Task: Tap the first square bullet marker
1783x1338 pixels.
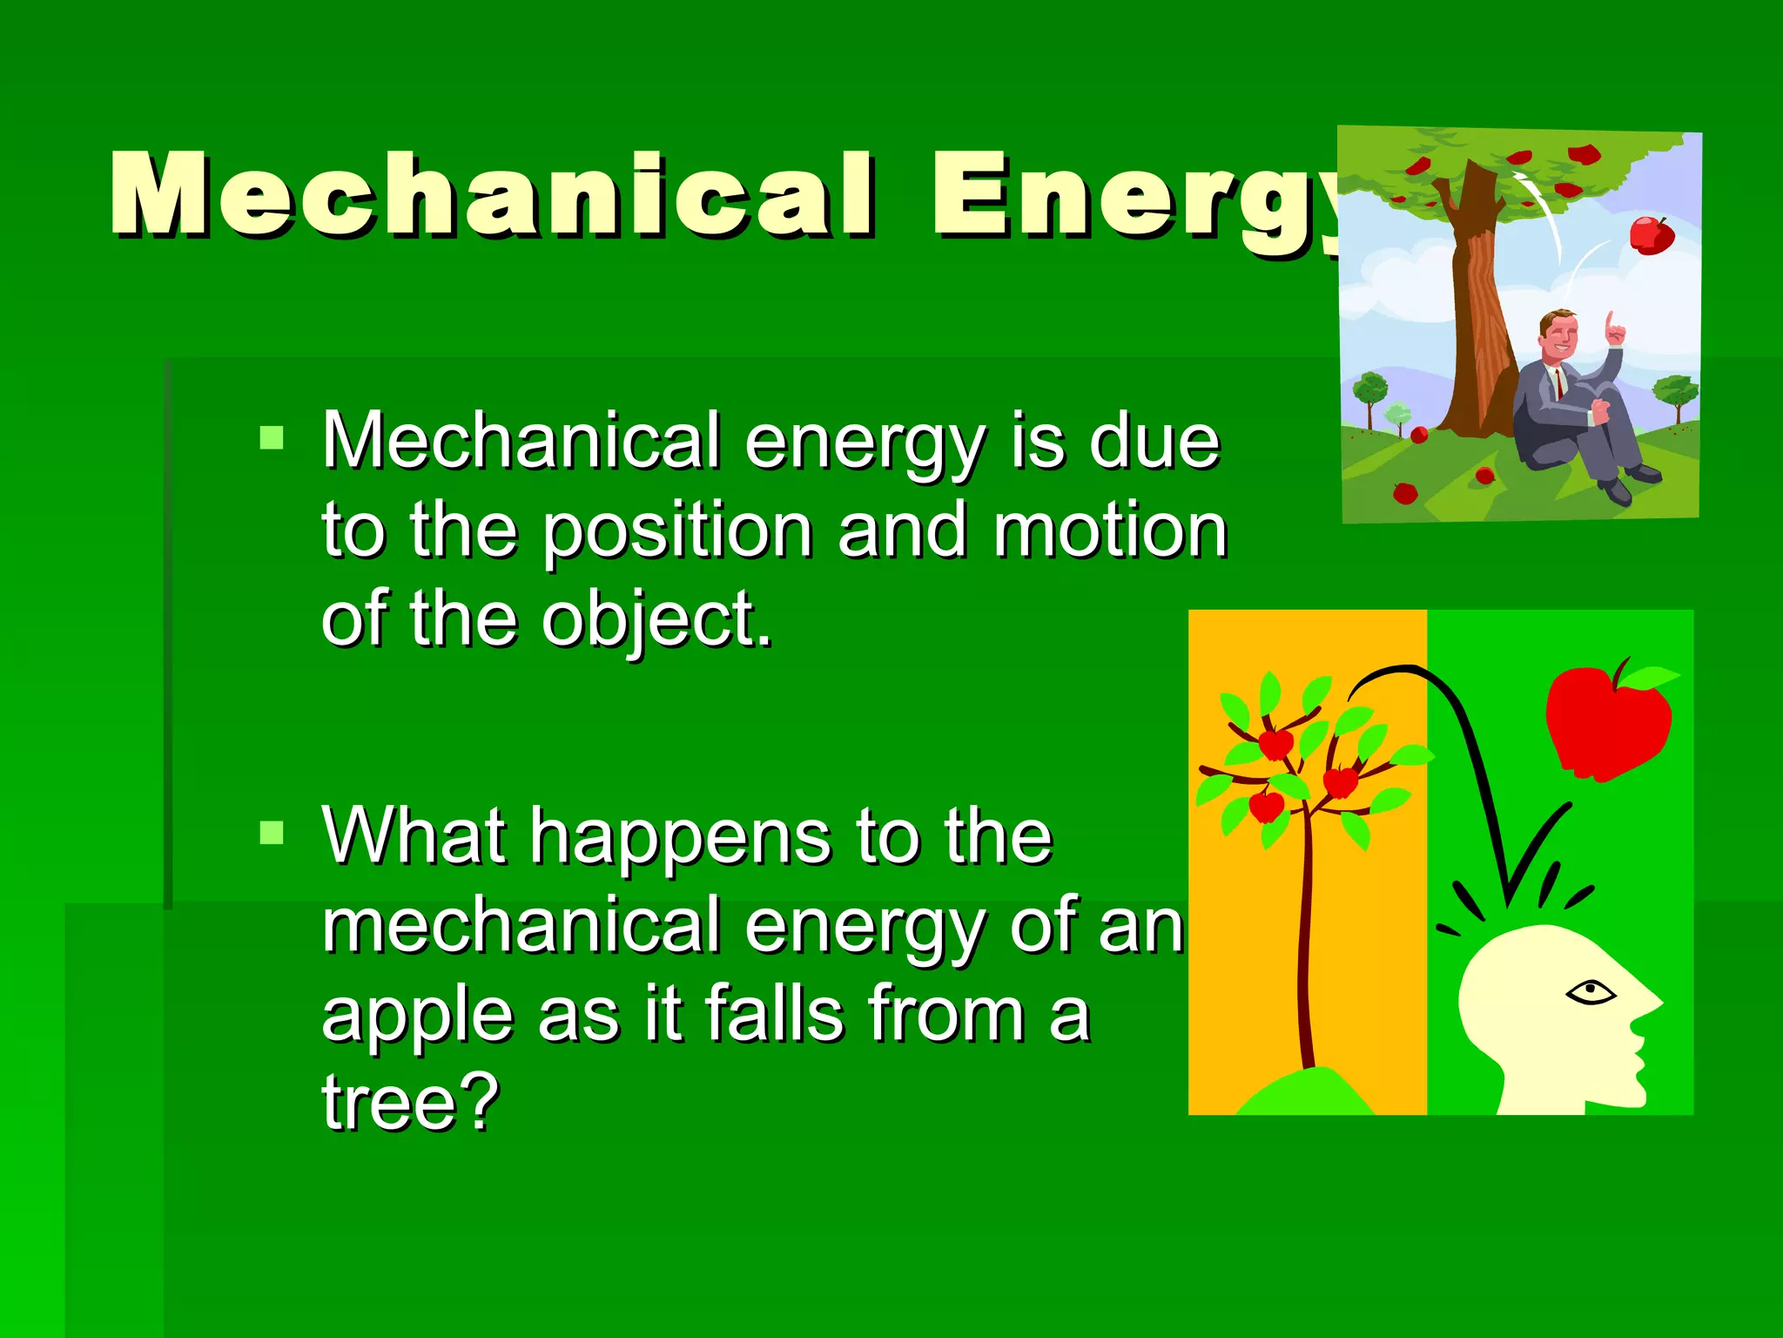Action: pyautogui.click(x=272, y=437)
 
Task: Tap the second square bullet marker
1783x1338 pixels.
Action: pyautogui.click(x=272, y=833)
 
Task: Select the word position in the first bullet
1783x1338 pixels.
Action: pyautogui.click(x=678, y=531)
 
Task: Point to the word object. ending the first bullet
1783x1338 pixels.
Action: pyautogui.click(x=657, y=620)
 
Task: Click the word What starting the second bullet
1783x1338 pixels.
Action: pyautogui.click(x=414, y=836)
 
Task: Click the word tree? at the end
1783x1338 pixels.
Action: pyautogui.click(x=410, y=1103)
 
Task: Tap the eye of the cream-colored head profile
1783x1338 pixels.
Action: pyautogui.click(x=1590, y=991)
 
